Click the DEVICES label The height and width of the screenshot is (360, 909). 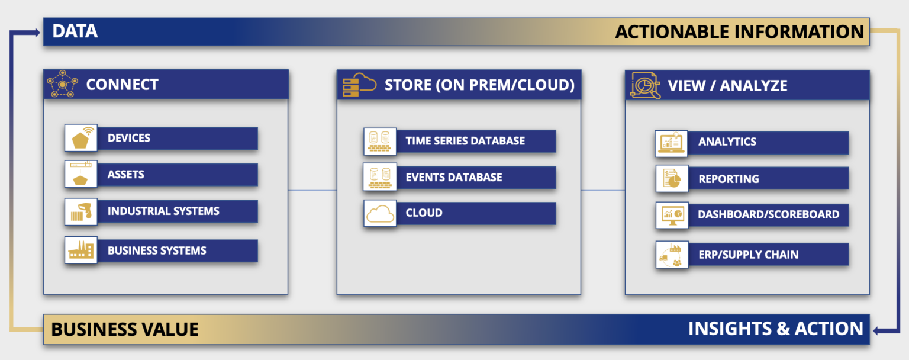129,138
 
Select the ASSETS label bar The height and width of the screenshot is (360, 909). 126,175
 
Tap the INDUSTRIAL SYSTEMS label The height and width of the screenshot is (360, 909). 163,211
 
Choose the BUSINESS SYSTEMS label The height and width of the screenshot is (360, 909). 157,250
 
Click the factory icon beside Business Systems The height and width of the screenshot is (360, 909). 81,250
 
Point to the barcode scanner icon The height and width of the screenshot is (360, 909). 81,212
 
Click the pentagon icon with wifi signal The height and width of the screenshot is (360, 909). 81,139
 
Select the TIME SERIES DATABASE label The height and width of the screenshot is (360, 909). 465,141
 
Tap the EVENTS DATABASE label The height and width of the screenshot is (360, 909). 454,178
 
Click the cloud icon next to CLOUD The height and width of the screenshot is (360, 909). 380,213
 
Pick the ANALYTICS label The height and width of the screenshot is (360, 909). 727,142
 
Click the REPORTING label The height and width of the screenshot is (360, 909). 729,179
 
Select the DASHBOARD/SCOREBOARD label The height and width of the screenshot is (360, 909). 768,214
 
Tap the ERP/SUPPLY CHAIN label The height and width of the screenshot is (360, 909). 748,255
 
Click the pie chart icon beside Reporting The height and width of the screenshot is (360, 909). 672,179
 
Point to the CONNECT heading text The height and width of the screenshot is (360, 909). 123,85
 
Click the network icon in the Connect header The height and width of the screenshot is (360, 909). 62,85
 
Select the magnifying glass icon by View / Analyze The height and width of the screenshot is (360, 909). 644,85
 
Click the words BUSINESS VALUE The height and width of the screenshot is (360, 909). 125,329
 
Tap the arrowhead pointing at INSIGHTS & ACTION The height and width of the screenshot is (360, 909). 879,330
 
